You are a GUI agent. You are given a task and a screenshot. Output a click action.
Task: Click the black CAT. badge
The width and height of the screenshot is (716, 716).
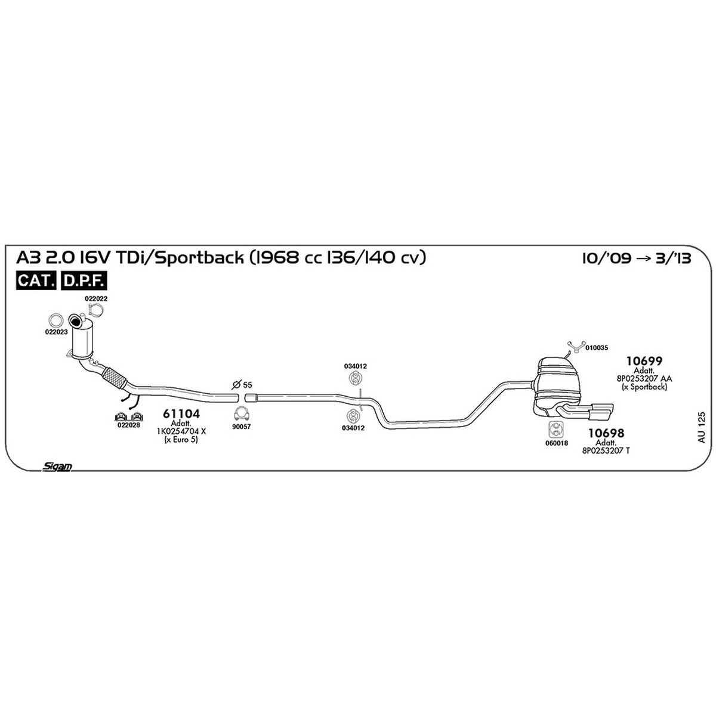pos(36,280)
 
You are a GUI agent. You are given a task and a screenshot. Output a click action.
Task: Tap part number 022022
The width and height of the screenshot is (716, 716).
pos(96,298)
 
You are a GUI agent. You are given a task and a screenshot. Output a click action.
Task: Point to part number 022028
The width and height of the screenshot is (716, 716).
pos(128,425)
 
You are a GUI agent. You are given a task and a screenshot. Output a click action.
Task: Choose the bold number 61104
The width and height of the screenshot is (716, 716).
pos(181,413)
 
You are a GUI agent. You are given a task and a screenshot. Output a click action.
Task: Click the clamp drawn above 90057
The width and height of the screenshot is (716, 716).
pos(242,413)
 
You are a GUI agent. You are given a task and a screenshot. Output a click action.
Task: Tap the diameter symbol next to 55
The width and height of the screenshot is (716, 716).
pos(235,385)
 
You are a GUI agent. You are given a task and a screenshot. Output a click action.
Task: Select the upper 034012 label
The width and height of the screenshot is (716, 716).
pos(355,366)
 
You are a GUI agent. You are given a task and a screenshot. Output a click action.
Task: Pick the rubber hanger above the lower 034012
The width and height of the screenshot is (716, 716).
pos(354,415)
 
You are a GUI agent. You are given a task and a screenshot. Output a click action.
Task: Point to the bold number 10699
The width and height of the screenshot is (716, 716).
pos(644,361)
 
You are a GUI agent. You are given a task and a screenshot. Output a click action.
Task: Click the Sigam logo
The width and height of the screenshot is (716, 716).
pos(57,467)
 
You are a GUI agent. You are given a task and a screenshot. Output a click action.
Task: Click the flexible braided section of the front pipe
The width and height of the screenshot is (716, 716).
pos(114,378)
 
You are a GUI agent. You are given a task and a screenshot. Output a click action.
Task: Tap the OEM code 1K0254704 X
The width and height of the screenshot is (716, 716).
pos(181,431)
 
